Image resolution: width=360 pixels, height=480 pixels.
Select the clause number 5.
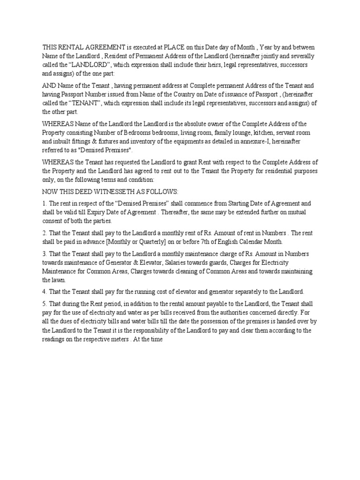click(x=45, y=303)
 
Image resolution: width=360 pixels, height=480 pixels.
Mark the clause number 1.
click(x=45, y=203)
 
